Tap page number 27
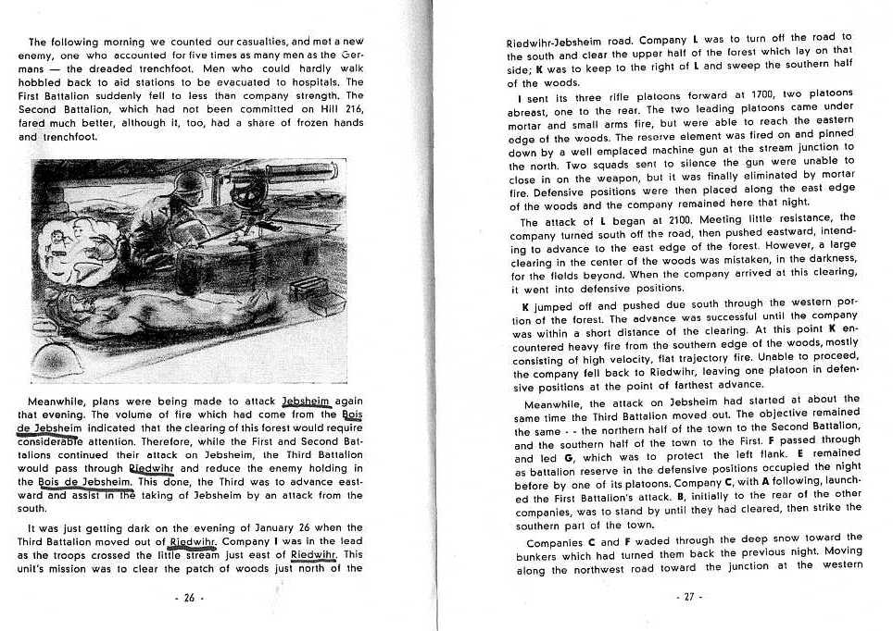(x=688, y=598)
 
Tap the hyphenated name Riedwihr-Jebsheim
(x=552, y=43)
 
